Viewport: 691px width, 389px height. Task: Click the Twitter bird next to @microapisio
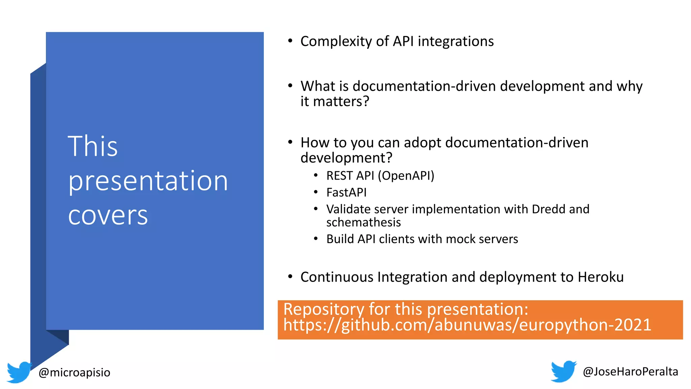pos(19,372)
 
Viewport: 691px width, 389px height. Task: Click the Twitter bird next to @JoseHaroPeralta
pos(563,371)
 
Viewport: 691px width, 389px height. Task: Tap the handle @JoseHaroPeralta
pos(630,371)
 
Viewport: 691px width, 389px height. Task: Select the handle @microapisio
pos(75,372)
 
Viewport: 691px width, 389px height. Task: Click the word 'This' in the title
pos(93,146)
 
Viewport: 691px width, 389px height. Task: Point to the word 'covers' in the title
pos(108,215)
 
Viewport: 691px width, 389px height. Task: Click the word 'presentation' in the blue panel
pos(148,181)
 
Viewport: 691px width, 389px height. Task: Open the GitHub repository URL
pos(467,325)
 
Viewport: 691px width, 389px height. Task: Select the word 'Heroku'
pos(601,277)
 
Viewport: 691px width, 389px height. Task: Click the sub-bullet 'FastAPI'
pos(346,192)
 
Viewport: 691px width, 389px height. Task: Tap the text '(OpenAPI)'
pos(406,176)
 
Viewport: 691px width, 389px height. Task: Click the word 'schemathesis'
pos(363,223)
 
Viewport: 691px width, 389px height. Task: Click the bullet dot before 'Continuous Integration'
pos(290,277)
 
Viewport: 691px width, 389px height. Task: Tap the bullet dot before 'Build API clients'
pos(316,239)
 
